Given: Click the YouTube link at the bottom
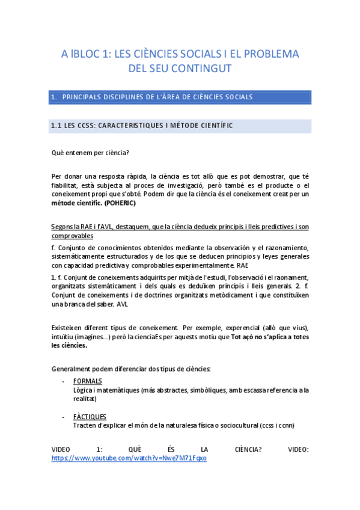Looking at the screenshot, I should pyautogui.click(x=129, y=458).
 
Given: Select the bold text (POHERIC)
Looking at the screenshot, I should pyautogui.click(x=120, y=203).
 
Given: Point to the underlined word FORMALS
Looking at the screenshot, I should pyautogui.click(x=87, y=381).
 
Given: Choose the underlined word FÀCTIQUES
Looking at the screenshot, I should pyautogui.click(x=90, y=416).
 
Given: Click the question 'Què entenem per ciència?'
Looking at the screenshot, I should pyautogui.click(x=90, y=153).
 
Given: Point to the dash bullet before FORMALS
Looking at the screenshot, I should pyautogui.click(x=64, y=381).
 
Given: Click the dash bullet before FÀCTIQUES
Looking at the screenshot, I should pyautogui.click(x=64, y=416).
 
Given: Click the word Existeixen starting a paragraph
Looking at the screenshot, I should pyautogui.click(x=70, y=328).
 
